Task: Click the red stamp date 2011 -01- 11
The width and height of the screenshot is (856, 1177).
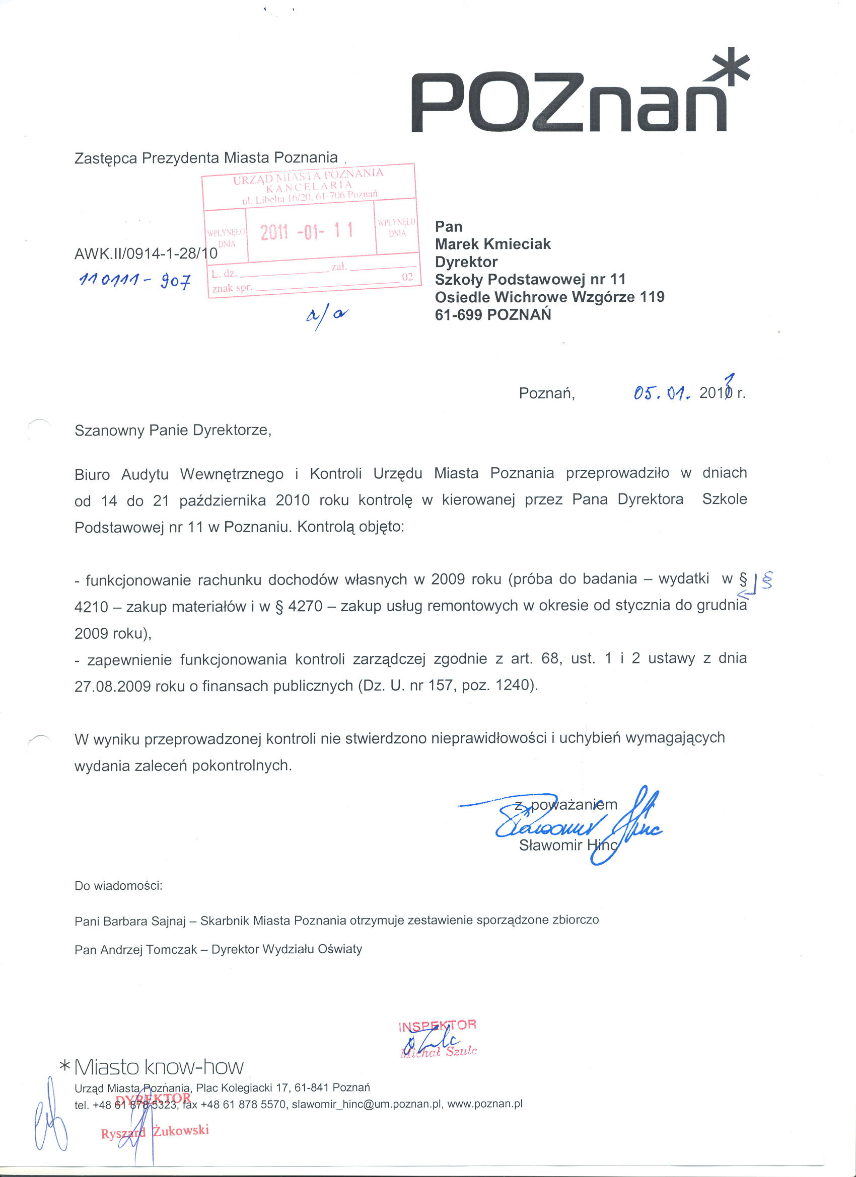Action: (307, 231)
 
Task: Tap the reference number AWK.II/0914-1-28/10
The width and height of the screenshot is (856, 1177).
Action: (146, 254)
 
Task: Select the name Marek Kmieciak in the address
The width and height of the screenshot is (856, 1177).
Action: (492, 244)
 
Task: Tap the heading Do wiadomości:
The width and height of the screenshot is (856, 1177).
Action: (118, 886)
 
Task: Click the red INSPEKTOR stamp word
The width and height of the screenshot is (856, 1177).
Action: (438, 1026)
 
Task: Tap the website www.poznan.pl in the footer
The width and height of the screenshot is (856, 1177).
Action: (484, 1103)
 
